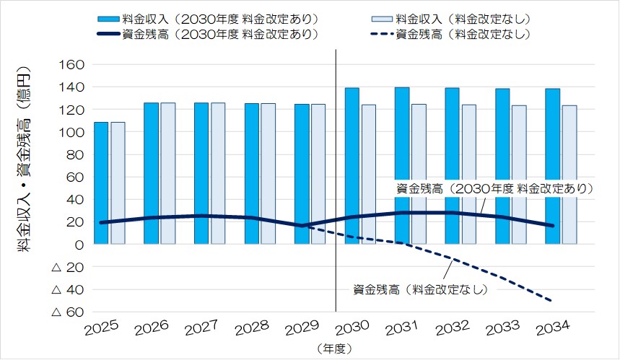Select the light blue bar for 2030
pyautogui.click(x=369, y=174)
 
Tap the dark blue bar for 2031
pyautogui.click(x=402, y=165)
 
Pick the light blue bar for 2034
pyautogui.click(x=569, y=174)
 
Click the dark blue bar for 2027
pyautogui.click(x=201, y=173)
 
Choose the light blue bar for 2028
pyautogui.click(x=268, y=173)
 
